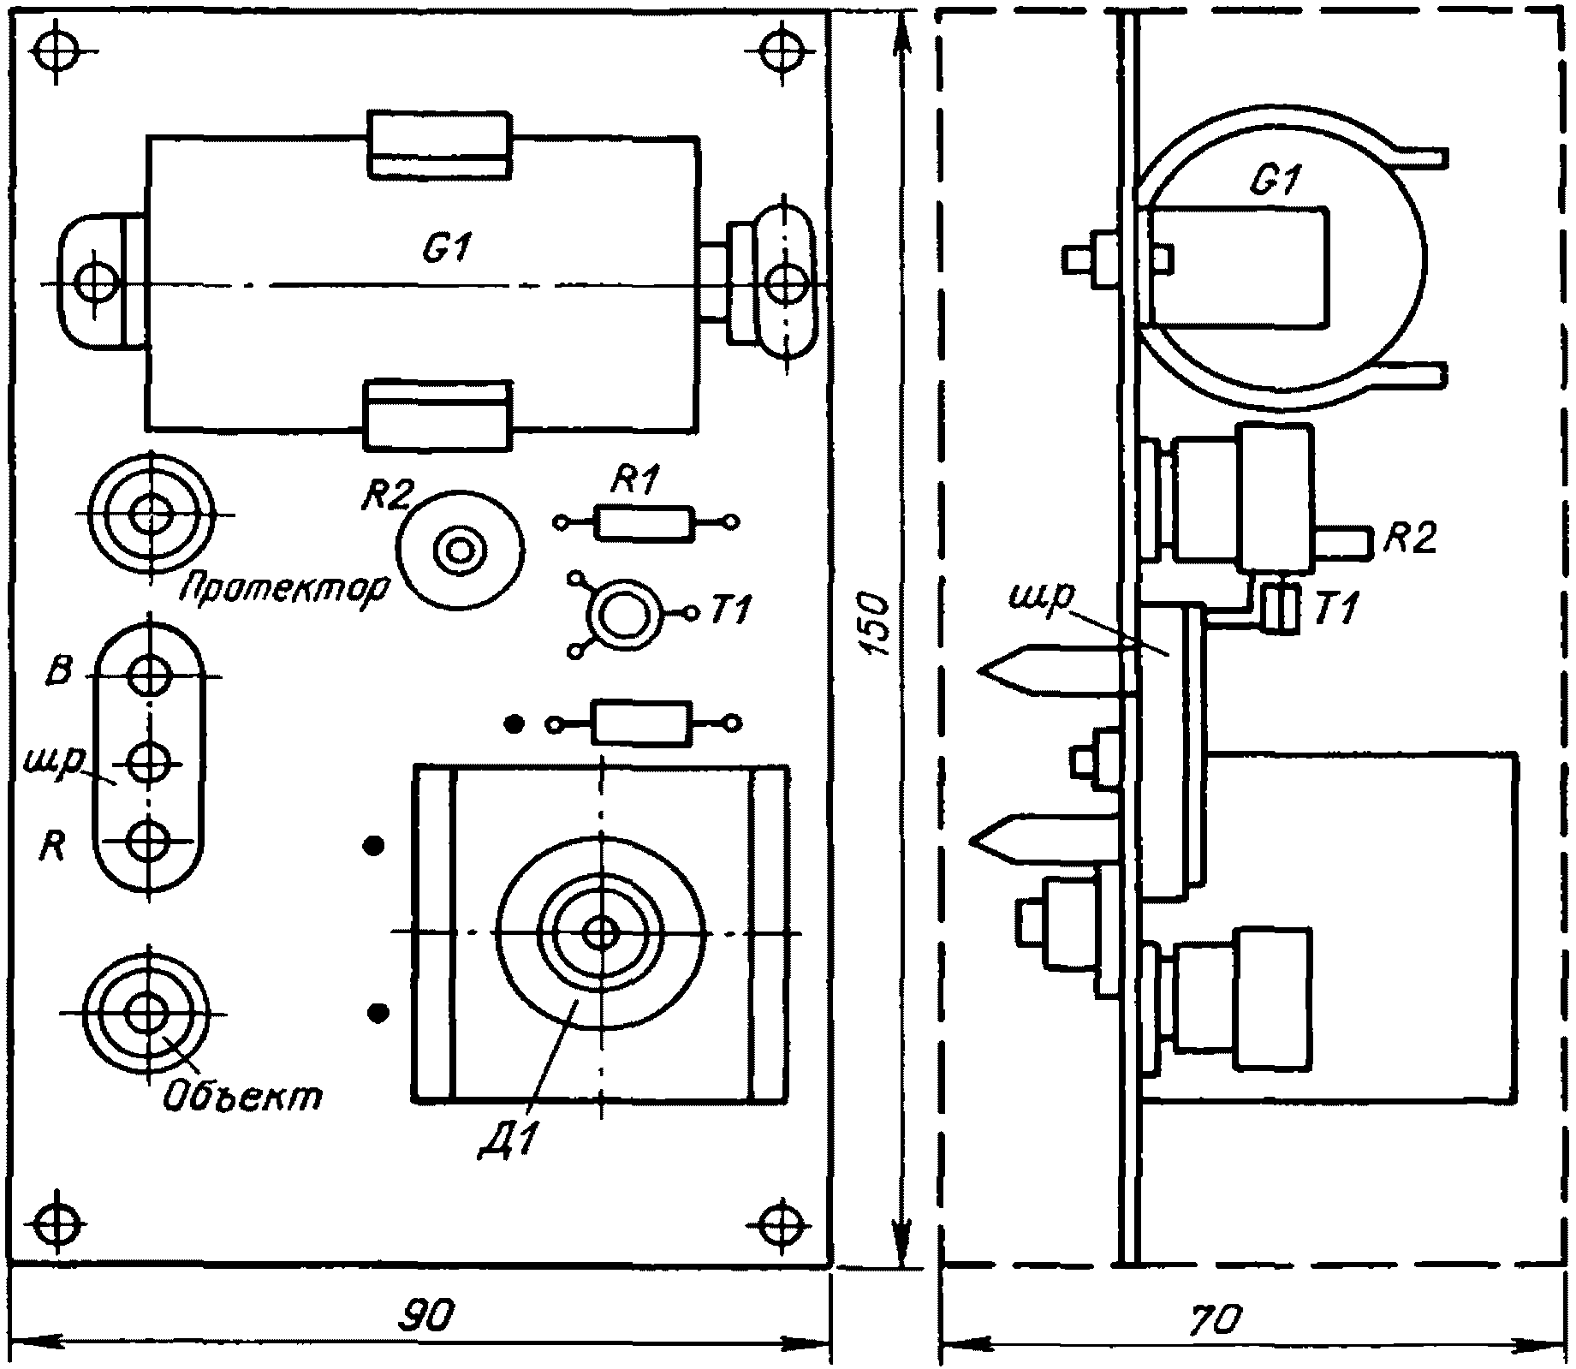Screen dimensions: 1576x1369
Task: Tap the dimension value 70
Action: click(x=1213, y=1320)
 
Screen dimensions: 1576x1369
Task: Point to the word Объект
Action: click(x=242, y=1096)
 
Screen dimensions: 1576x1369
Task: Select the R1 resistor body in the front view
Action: click(x=644, y=522)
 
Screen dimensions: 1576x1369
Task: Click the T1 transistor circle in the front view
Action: click(x=623, y=614)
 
